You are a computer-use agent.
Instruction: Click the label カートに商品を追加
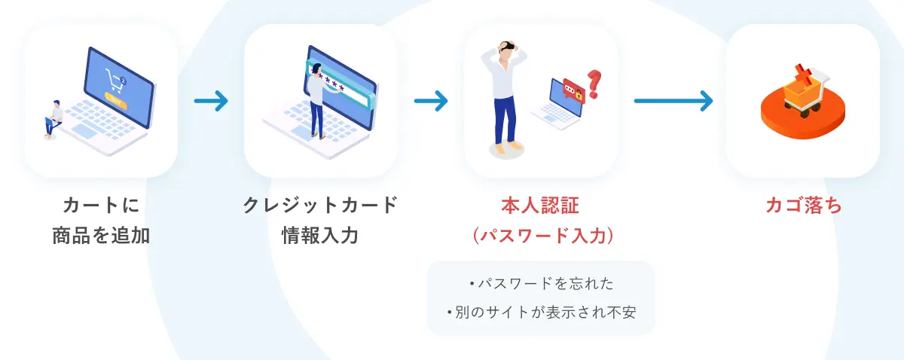pyautogui.click(x=100, y=220)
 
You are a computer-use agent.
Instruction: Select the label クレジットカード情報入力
pyautogui.click(x=319, y=220)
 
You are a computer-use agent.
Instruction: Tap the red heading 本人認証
pyautogui.click(x=540, y=206)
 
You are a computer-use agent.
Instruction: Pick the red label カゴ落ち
pyautogui.click(x=803, y=206)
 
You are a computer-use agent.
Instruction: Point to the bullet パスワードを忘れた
pyautogui.click(x=541, y=284)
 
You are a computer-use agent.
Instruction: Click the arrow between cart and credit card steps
pyautogui.click(x=210, y=100)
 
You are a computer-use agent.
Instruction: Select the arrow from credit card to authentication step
pyautogui.click(x=430, y=100)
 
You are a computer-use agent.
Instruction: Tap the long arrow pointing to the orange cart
pyautogui.click(x=673, y=100)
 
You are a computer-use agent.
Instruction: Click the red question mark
pyautogui.click(x=594, y=83)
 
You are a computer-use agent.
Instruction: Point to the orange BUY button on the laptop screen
pyautogui.click(x=115, y=98)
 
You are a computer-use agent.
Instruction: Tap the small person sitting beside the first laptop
pyautogui.click(x=53, y=118)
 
